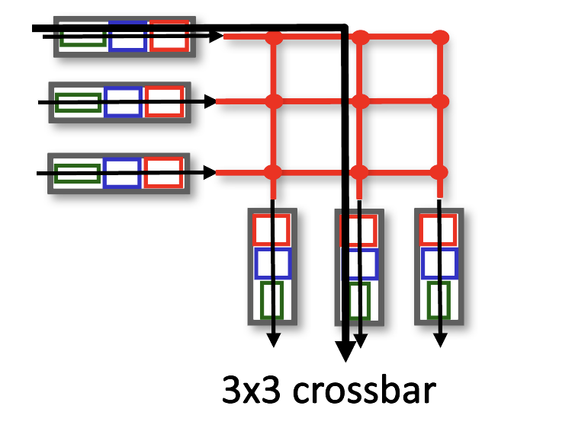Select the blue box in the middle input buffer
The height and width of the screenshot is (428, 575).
pos(122,102)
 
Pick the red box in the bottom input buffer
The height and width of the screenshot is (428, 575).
pos(163,173)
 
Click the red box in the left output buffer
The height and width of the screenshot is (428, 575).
pos(271,229)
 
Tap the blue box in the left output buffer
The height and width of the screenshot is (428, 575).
pos(272,264)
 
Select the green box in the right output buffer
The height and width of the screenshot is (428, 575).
pos(438,300)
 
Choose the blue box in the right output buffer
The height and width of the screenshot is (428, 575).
pos(438,264)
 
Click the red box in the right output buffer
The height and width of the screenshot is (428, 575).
pos(438,229)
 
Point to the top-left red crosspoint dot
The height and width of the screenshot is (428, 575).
pos(274,37)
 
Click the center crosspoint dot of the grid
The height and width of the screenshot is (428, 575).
pos(361,101)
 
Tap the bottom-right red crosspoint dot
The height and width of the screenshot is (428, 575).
pos(438,172)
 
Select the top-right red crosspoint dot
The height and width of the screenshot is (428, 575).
pos(439,37)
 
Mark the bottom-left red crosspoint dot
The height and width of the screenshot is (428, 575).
pos(274,172)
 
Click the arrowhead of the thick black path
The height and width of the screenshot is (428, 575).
pos(345,352)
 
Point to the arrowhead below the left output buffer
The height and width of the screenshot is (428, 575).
pos(274,339)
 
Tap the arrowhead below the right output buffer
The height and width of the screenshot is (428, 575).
pos(440,339)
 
